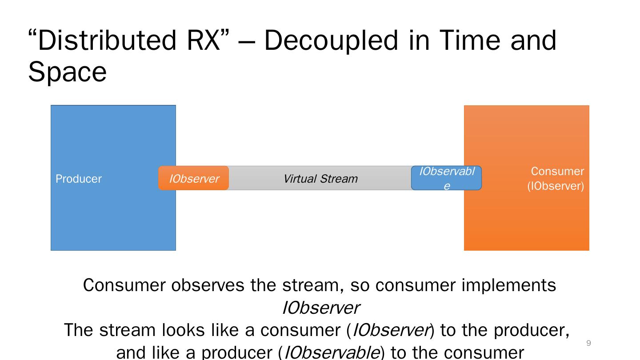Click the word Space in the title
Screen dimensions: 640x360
(67, 72)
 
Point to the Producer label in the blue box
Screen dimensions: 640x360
(79, 179)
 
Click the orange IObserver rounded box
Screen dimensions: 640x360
(194, 178)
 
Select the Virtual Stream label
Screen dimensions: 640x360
(320, 179)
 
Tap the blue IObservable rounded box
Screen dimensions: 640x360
(446, 178)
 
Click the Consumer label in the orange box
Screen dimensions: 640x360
(557, 171)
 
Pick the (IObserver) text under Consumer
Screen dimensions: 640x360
(556, 186)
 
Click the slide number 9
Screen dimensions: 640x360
(589, 343)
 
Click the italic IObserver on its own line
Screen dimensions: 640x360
(320, 308)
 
